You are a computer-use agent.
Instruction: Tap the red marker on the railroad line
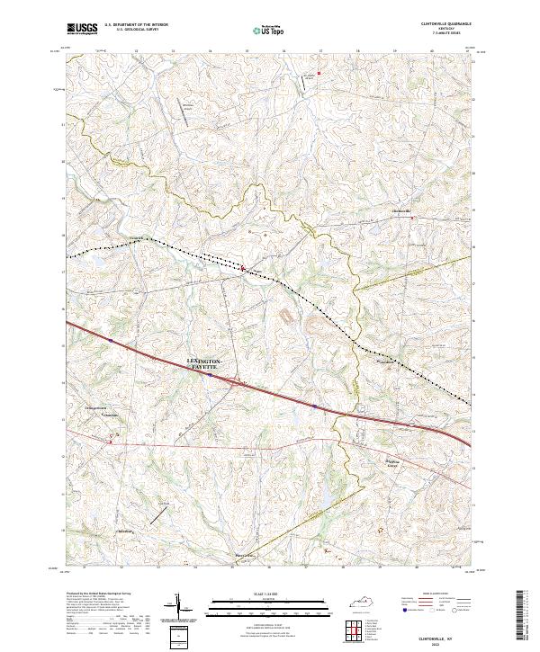click(x=242, y=266)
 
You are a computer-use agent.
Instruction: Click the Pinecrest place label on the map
click(x=246, y=555)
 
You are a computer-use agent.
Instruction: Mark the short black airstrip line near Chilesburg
click(x=158, y=514)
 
